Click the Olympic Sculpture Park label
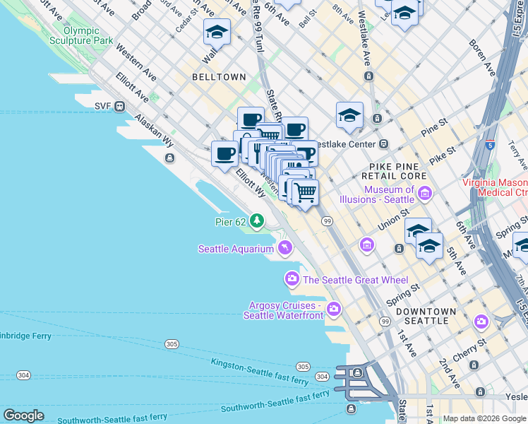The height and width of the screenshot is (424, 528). (x=88, y=36)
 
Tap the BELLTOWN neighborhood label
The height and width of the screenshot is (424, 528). (x=219, y=77)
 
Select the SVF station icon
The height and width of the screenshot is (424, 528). (x=120, y=107)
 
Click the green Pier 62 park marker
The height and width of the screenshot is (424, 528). (x=257, y=222)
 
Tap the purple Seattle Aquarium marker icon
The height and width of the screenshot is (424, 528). (x=284, y=247)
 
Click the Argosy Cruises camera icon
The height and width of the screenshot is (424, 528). (x=333, y=309)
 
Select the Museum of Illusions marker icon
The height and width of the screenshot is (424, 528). (x=425, y=193)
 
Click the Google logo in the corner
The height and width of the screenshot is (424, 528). (x=23, y=416)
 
